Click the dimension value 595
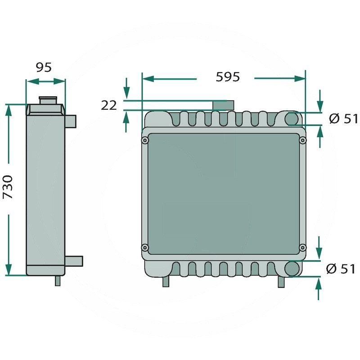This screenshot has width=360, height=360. tap(228, 77)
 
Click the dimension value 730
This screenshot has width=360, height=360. tap(9, 188)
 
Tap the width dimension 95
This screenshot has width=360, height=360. tap(44, 67)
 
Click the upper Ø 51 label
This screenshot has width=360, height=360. tap(343, 119)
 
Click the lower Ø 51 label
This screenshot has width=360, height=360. tap(341, 269)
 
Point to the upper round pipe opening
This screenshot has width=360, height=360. tap(292, 119)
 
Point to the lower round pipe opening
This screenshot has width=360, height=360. tap(292, 269)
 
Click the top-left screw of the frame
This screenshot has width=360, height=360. tap(144, 141)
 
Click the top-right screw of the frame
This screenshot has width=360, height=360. tap(303, 141)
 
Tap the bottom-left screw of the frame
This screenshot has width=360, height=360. tap(144, 247)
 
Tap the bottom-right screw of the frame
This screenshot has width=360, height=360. tap(303, 247)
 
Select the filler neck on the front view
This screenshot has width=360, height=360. tap(221, 105)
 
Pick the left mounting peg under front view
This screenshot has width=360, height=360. tap(166, 280)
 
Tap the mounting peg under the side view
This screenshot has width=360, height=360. tap(58, 280)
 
